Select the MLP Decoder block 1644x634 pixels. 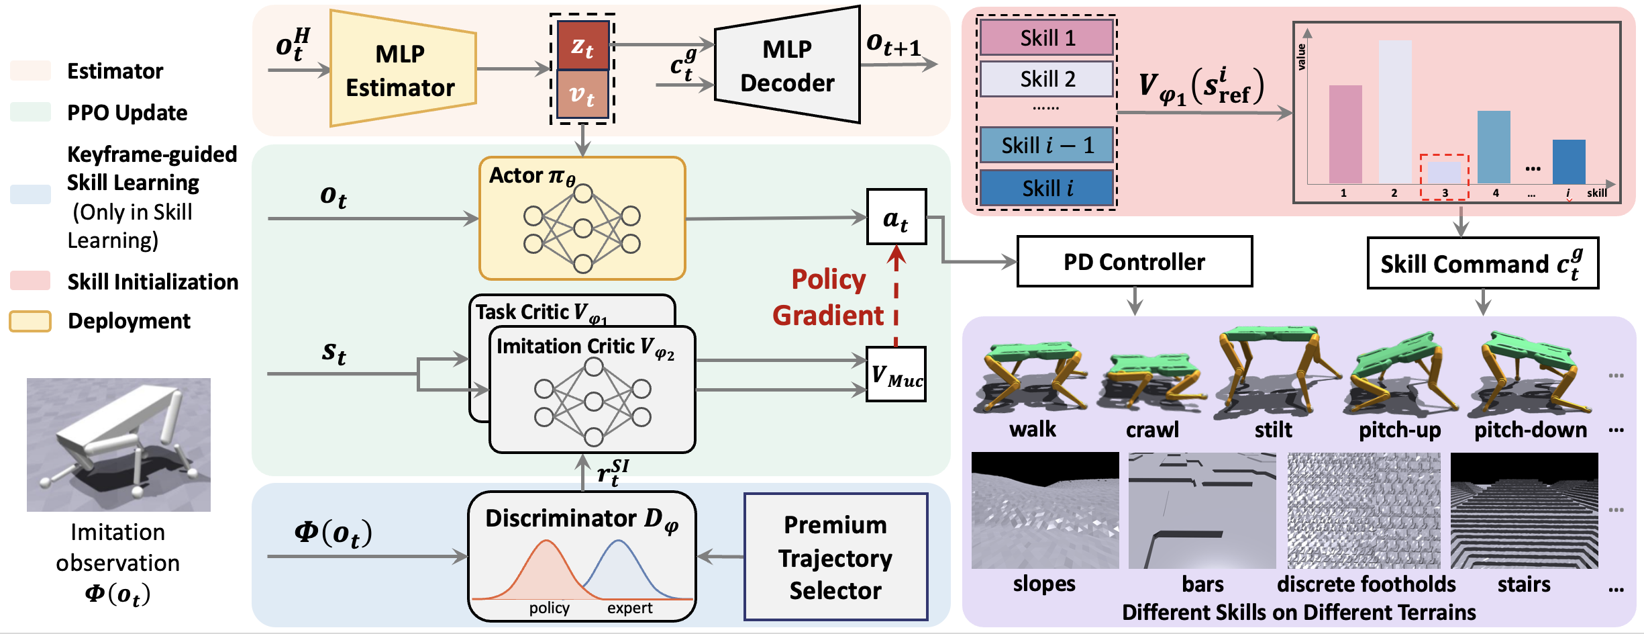coord(787,66)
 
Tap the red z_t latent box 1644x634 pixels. coord(582,46)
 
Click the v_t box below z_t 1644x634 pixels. coord(582,95)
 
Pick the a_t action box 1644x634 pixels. coord(896,217)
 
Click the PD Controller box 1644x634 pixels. coord(1134,261)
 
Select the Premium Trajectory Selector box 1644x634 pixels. coord(835,557)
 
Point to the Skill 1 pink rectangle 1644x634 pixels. coord(1047,38)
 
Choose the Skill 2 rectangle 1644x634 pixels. coord(1047,79)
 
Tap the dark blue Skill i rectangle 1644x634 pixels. coord(1047,188)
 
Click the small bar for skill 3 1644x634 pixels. coord(1444,173)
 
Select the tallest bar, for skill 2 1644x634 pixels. coord(1395,111)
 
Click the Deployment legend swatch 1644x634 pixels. coord(30,321)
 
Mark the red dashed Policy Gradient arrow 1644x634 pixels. coord(896,296)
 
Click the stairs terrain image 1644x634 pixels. coord(1524,510)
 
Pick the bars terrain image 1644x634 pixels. coord(1202,510)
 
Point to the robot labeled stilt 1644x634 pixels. coord(1273,369)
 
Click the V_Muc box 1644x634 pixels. coord(896,374)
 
